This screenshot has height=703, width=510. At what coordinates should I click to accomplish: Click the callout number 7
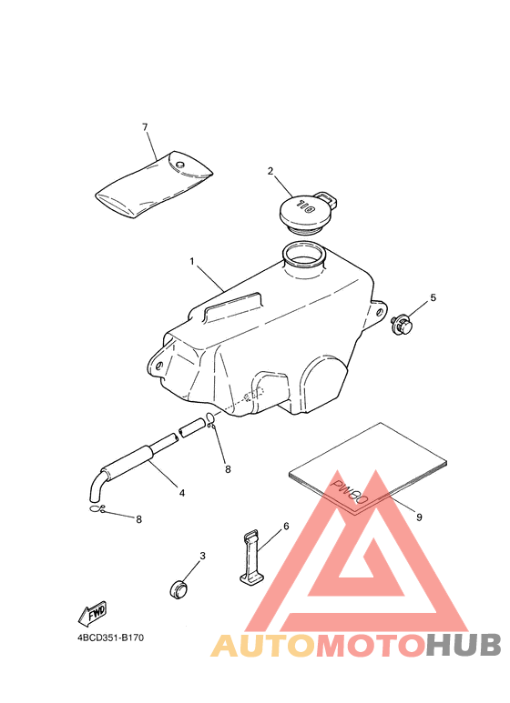click(x=145, y=126)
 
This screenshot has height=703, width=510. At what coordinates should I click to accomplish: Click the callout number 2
click(x=270, y=170)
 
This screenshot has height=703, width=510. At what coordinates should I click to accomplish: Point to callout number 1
click(x=192, y=262)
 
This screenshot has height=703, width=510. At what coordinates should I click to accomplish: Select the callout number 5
click(x=433, y=297)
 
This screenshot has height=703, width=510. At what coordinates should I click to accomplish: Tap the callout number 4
click(x=181, y=493)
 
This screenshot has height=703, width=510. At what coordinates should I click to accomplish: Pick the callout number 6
click(x=286, y=526)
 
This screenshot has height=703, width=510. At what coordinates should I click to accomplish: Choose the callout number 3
click(x=202, y=556)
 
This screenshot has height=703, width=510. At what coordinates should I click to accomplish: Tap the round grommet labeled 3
click(x=182, y=588)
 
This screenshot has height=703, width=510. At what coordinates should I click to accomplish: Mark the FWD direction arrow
click(x=93, y=613)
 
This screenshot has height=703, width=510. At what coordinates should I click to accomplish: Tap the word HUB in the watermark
click(x=463, y=645)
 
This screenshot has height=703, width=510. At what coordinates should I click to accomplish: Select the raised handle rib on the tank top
click(x=231, y=306)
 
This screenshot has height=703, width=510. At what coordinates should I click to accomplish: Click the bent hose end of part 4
click(x=95, y=488)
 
